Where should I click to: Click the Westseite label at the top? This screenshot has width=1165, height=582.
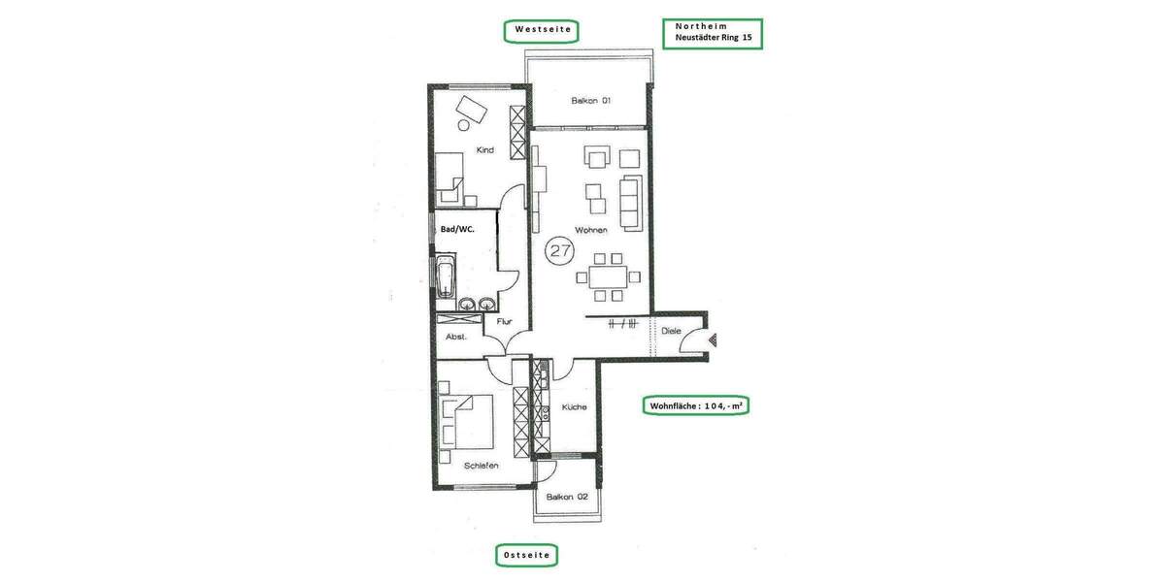click(541, 31)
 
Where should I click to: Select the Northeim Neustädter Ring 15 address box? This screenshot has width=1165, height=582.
click(712, 34)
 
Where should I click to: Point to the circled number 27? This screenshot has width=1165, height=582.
click(559, 250)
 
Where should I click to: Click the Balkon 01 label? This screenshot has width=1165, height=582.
click(590, 100)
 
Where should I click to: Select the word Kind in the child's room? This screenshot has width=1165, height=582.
click(484, 150)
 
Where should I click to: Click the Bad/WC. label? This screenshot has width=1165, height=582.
click(458, 231)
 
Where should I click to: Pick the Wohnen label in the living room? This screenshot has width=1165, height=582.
click(590, 230)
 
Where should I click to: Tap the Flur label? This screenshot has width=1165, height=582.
click(504, 321)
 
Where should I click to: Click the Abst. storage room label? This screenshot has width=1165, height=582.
click(456, 337)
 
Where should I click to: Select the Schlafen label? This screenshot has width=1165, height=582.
click(481, 466)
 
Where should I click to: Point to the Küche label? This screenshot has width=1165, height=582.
click(573, 407)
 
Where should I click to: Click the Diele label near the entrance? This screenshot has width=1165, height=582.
click(671, 331)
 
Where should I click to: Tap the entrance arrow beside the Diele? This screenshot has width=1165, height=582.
click(715, 339)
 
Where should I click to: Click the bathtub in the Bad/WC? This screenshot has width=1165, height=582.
click(445, 276)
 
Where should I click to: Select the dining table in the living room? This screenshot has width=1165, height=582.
click(609, 277)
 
